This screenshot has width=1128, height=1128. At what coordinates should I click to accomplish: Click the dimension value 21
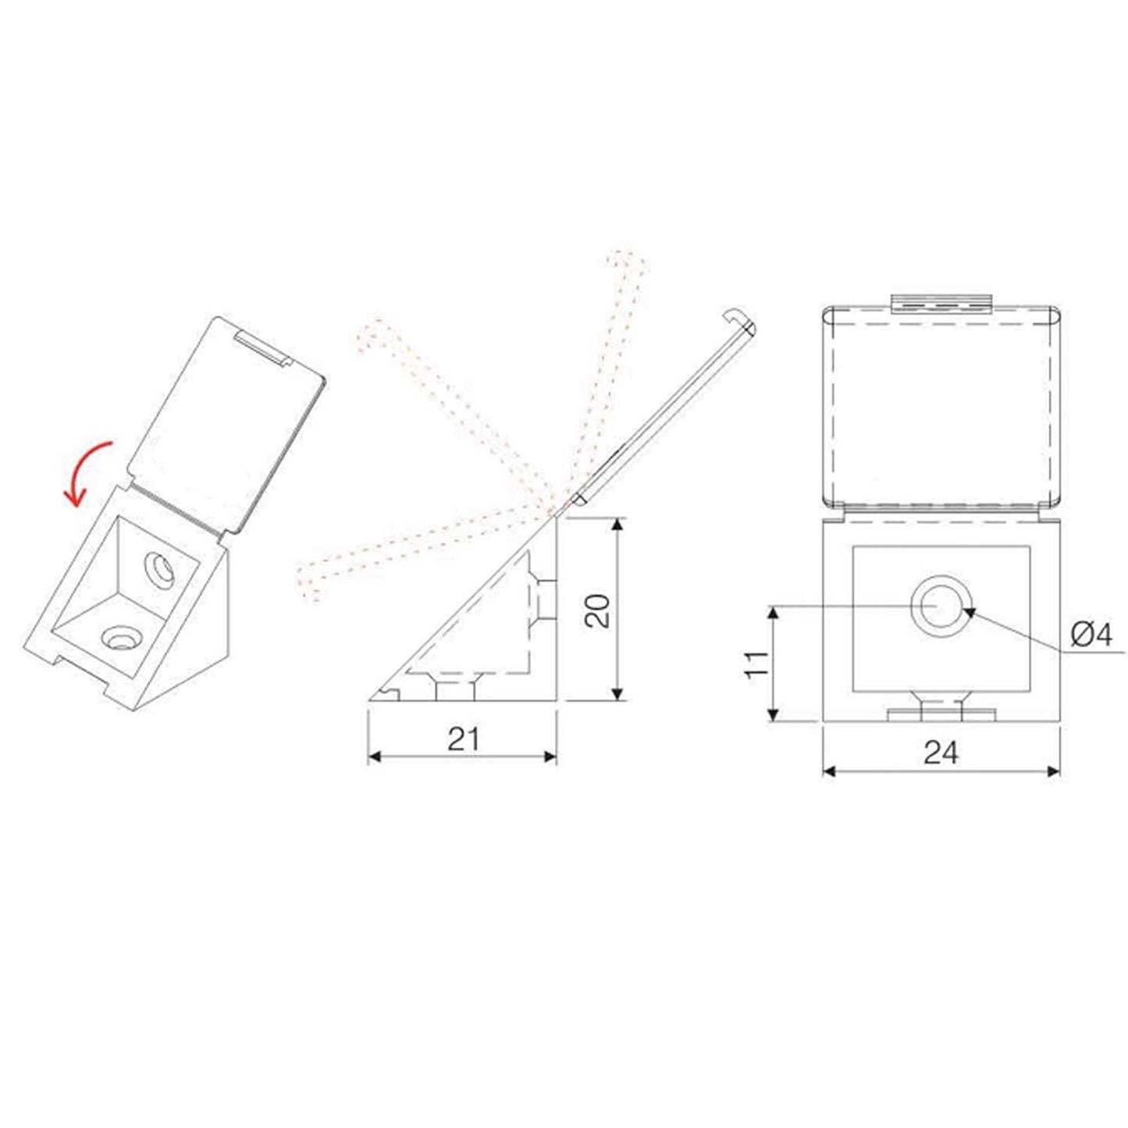coord(463,738)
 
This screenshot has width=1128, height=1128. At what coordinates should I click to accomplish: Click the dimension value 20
coord(598,610)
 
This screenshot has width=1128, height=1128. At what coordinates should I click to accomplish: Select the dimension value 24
coord(941,753)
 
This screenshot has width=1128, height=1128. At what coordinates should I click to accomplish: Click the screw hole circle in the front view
coord(941,606)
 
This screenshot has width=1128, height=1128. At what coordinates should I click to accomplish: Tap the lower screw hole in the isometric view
coord(121,638)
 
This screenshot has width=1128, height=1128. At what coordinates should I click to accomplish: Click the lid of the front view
coord(941,406)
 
